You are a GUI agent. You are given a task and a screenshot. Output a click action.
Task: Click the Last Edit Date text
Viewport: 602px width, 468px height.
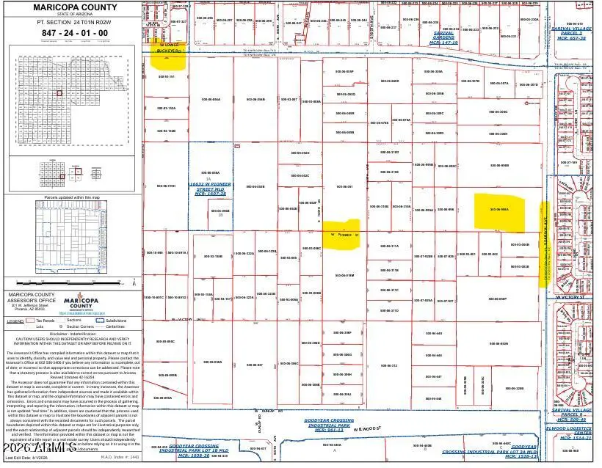point(27,457)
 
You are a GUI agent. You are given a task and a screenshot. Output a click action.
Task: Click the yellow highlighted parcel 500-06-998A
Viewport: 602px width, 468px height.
point(499,209)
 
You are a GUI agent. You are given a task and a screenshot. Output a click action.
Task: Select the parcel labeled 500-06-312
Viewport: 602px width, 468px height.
point(389,365)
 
